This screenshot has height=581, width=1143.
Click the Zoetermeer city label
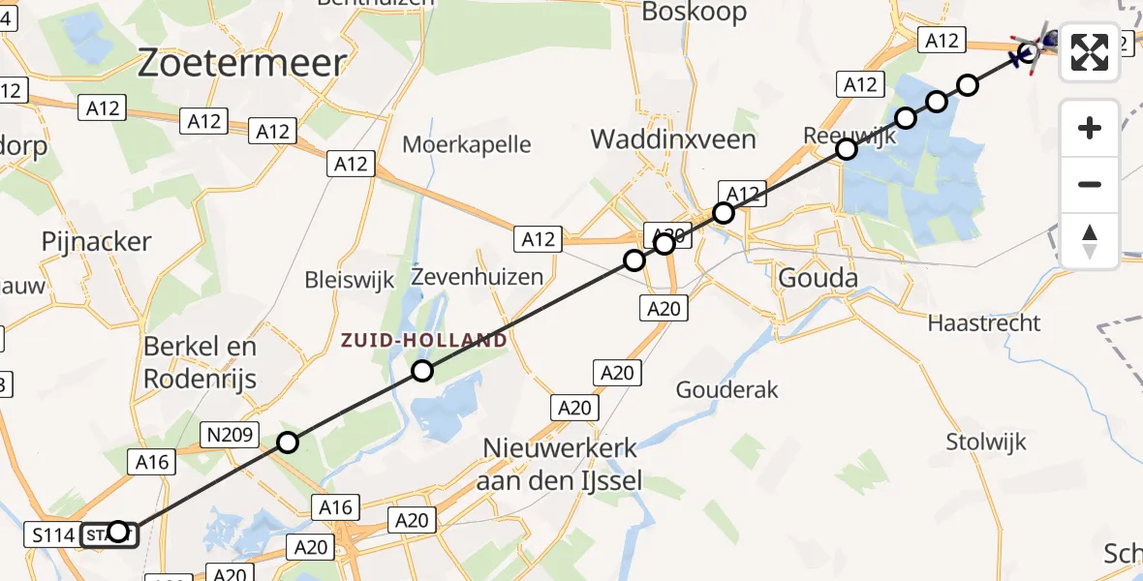[242, 64]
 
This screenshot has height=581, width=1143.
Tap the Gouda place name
[818, 279]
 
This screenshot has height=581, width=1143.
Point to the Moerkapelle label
[467, 144]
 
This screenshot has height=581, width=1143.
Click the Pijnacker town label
[96, 242]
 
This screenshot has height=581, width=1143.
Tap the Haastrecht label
[984, 322]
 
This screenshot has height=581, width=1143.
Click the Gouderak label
[727, 389]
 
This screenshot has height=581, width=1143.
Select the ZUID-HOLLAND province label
[422, 341]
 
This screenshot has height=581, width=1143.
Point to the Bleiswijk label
[350, 280]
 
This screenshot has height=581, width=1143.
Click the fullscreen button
[1090, 52]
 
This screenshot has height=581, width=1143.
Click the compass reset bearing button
[1090, 241]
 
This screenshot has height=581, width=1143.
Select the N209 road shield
[229, 436]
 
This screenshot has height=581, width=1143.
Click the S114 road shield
[49, 535]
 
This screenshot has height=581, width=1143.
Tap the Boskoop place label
[695, 12]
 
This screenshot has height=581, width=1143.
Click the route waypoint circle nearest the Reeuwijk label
[847, 149]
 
